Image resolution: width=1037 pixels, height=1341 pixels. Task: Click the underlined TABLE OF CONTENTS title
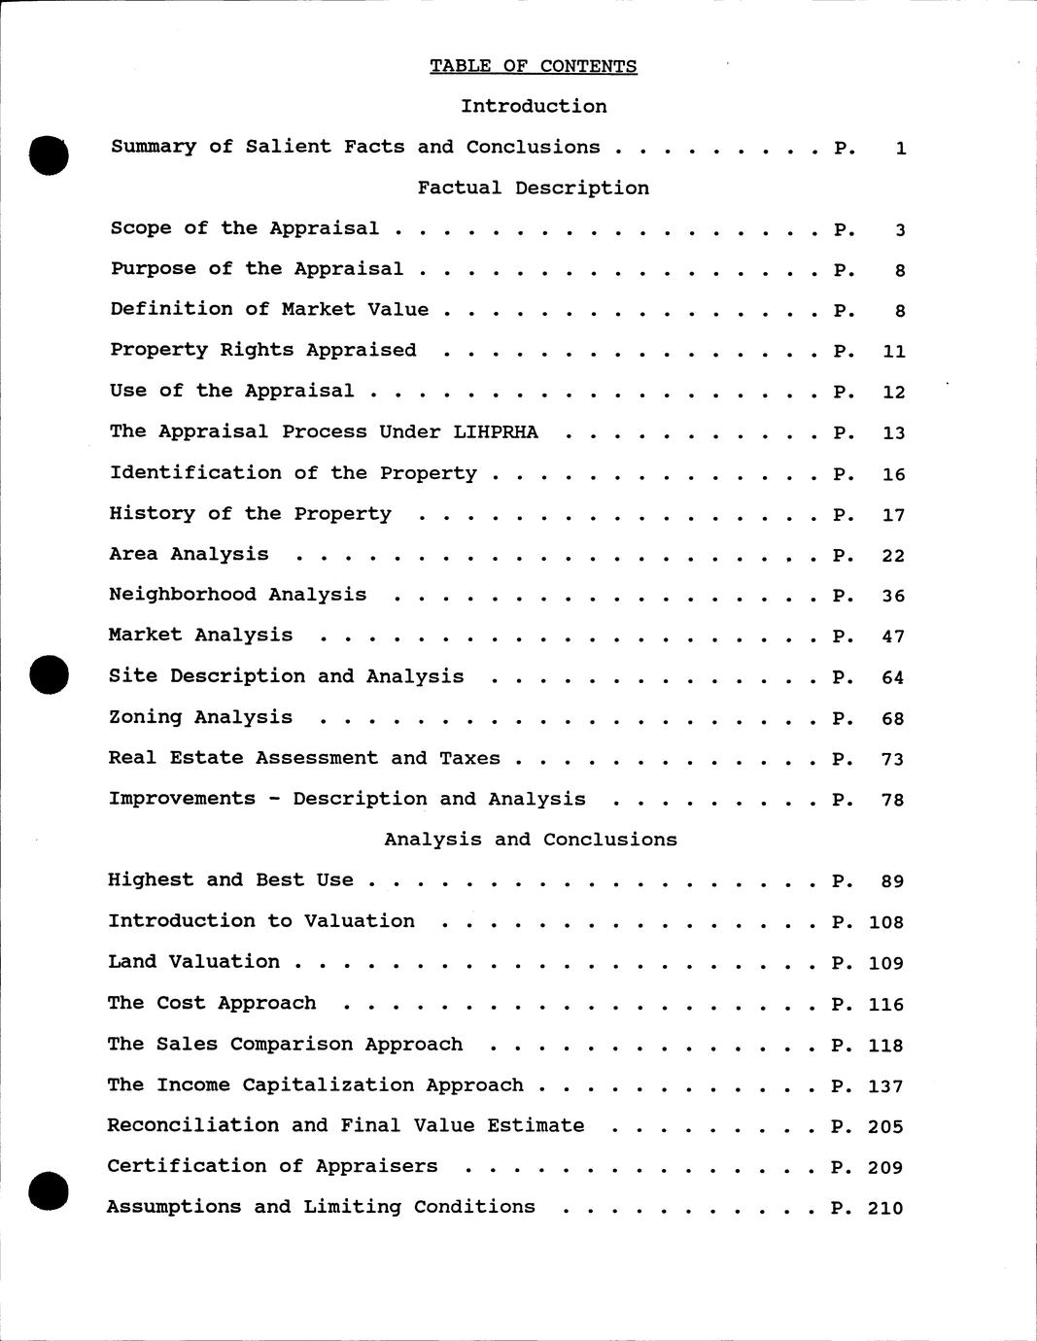[x=534, y=66]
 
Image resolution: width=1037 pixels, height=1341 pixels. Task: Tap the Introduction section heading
[x=534, y=106]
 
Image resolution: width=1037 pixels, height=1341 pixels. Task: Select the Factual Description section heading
[x=533, y=188]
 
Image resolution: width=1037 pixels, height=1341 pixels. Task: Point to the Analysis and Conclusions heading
[x=530, y=840]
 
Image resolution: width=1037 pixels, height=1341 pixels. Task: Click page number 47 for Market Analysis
[x=893, y=636]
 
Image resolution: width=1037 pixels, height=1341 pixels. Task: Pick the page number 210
[x=885, y=1208]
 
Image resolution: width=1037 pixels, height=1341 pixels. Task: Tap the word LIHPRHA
[x=495, y=431]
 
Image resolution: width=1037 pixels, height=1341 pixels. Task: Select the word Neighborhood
[x=182, y=595]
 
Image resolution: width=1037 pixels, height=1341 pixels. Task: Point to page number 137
[x=885, y=1085]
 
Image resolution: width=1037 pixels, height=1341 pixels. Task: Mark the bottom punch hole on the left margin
[x=49, y=1191]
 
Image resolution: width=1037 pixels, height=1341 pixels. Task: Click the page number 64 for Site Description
[x=893, y=677]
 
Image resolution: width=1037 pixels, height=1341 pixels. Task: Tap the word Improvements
[x=182, y=799]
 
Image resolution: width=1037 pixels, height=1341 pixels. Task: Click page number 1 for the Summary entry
[x=901, y=149]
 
